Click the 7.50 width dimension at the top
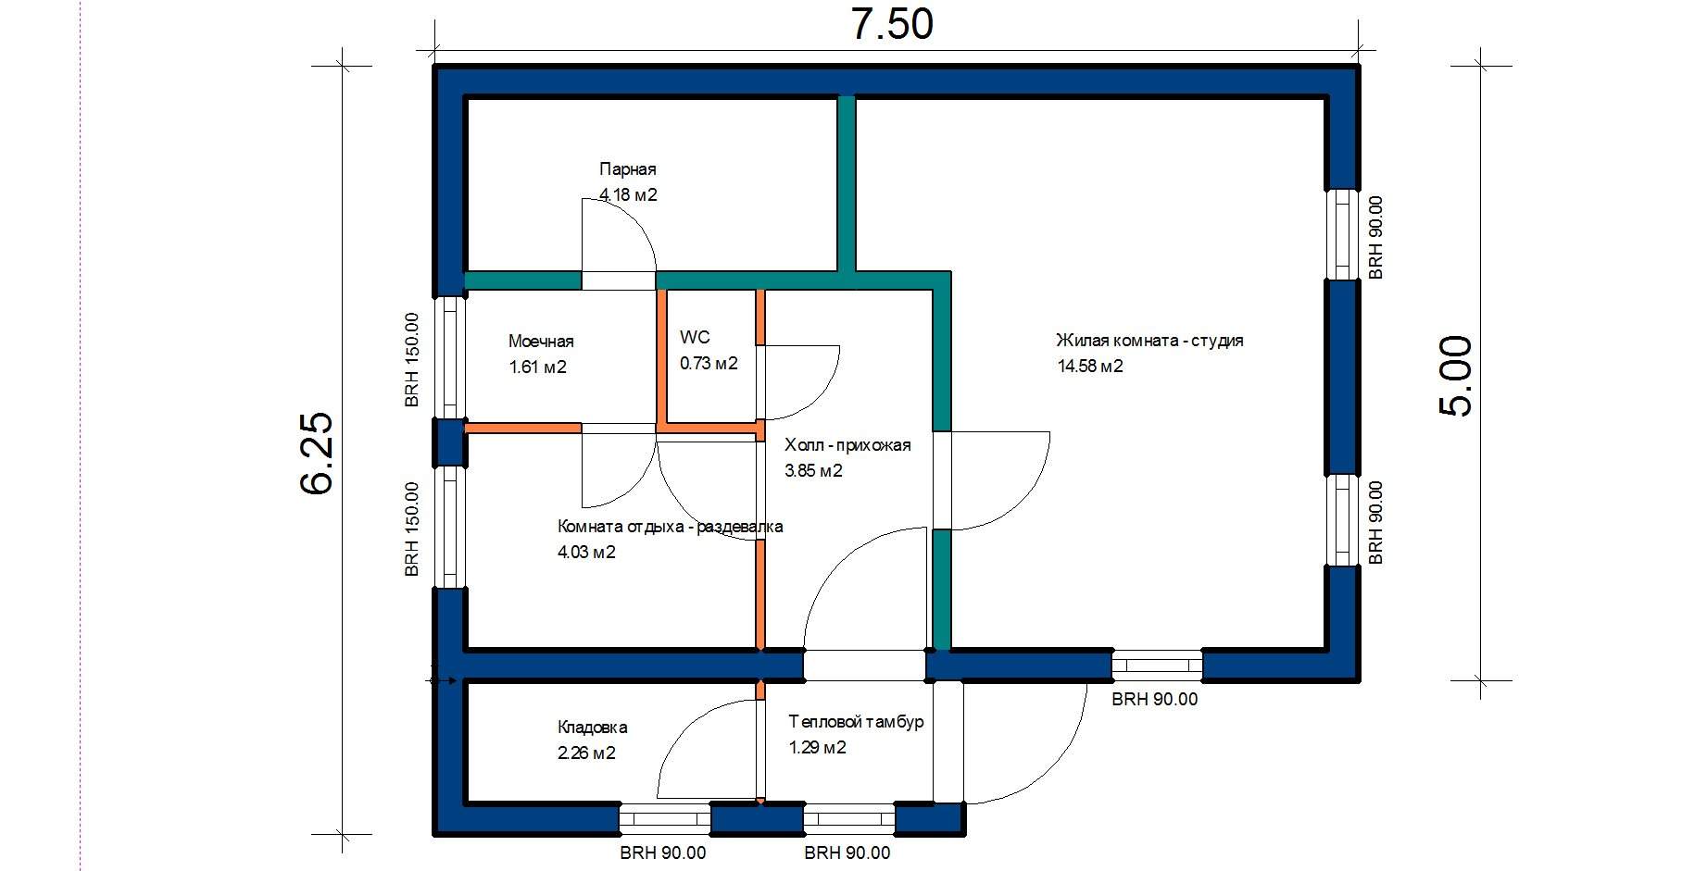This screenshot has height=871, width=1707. click(892, 25)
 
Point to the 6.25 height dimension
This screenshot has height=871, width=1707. click(318, 453)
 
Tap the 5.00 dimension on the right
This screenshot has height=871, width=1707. click(1455, 376)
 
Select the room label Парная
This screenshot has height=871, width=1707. click(627, 169)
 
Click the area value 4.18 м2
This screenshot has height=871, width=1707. click(628, 195)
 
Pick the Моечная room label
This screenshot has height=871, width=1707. click(541, 342)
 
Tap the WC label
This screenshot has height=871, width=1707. click(695, 337)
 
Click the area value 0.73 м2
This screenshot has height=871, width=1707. click(709, 363)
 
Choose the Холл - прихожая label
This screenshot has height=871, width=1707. click(847, 445)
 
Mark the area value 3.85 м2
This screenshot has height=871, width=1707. click(813, 470)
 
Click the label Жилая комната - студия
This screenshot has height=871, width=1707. click(1149, 341)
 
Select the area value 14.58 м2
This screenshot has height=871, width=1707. click(1090, 366)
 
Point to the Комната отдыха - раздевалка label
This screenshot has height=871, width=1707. click(670, 527)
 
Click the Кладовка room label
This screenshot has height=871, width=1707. click(592, 728)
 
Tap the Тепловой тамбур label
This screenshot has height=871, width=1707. click(856, 721)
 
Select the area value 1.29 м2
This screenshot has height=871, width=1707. click(817, 747)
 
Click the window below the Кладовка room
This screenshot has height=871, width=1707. click(664, 818)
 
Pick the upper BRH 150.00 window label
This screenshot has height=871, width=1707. click(412, 359)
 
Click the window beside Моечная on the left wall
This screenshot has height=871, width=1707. click(450, 357)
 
